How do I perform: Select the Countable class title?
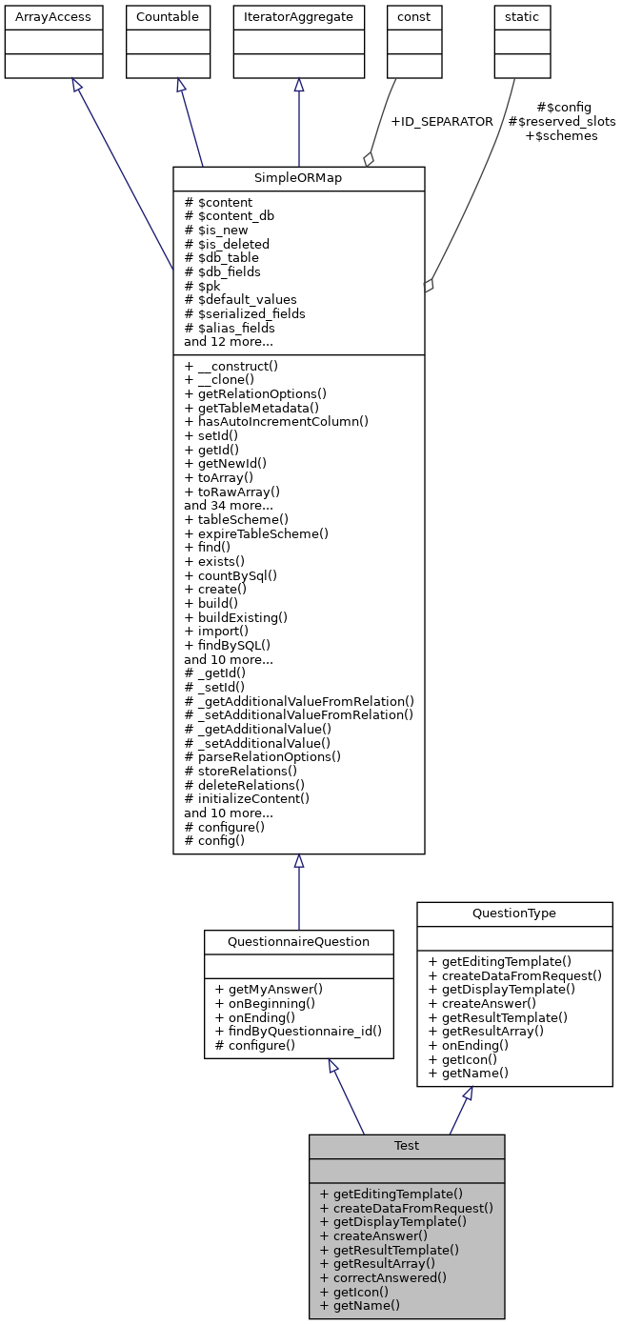tap(168, 17)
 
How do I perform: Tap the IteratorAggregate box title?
tap(298, 17)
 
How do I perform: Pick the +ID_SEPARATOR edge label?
tap(442, 122)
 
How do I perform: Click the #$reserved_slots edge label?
tap(561, 122)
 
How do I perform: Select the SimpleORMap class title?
tap(298, 179)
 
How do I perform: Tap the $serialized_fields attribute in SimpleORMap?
tap(245, 313)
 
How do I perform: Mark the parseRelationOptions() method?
tap(263, 756)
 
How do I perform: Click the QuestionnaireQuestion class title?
tap(298, 941)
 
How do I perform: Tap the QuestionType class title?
tap(514, 913)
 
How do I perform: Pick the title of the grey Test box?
tap(407, 1145)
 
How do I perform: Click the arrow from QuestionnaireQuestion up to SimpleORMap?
tap(299, 895)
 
